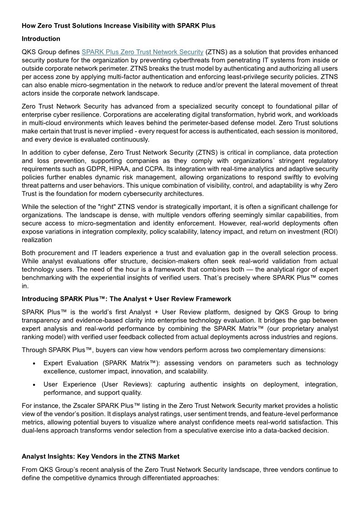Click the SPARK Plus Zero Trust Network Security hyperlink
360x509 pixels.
tap(143, 52)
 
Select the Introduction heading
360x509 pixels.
tap(41, 39)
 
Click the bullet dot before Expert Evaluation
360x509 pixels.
tap(34, 363)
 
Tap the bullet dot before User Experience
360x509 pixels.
tap(34, 384)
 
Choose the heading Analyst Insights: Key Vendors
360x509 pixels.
tap(101, 456)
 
